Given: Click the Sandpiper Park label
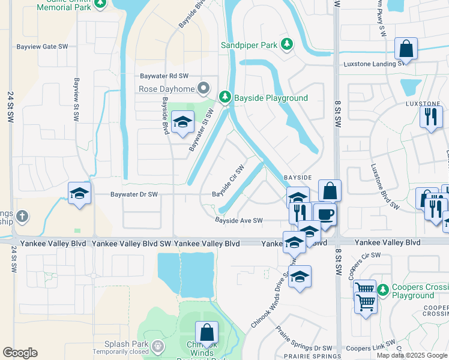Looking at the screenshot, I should click(249, 45).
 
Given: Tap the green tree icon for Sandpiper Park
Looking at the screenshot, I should click(288, 44).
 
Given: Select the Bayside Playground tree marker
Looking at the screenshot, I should click(225, 97).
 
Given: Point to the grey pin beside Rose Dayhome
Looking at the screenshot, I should click(204, 88).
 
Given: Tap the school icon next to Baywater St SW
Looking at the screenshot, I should click(182, 123).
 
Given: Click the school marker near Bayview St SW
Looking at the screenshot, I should click(79, 193).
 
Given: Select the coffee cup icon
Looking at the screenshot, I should click(325, 214).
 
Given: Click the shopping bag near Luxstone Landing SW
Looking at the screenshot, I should click(406, 49).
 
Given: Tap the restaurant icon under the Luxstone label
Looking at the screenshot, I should click(430, 116).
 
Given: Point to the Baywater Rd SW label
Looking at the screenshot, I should click(164, 76).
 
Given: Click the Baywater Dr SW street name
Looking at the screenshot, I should click(134, 194).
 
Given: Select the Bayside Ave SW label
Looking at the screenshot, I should click(239, 221).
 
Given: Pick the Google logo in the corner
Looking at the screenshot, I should click(20, 353).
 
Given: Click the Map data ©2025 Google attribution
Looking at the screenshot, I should click(412, 355).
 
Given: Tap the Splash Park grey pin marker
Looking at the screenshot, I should click(158, 346).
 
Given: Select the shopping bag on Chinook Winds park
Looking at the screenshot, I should click(206, 332).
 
